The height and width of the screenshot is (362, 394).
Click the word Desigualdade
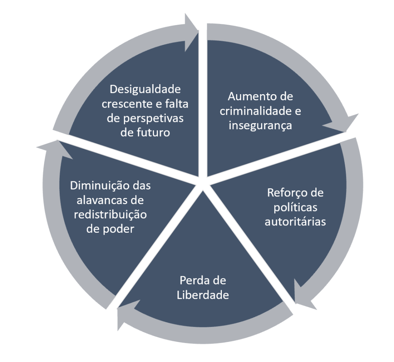145,89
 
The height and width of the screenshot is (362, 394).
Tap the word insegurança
260,125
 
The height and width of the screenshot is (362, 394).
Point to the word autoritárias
295,222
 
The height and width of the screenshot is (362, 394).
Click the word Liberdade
203,295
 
